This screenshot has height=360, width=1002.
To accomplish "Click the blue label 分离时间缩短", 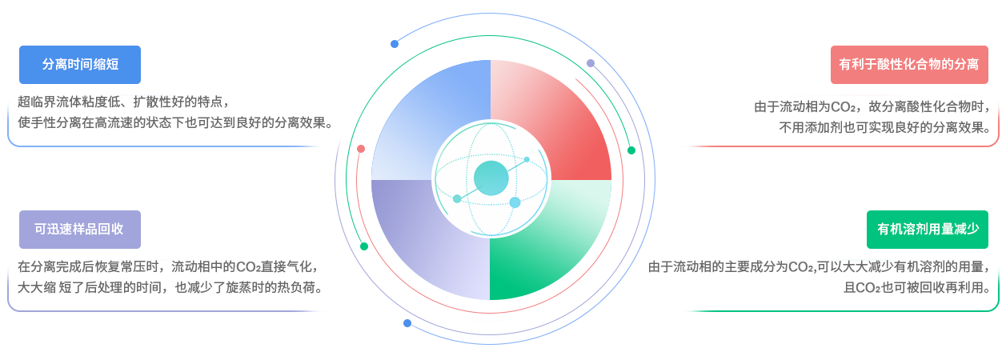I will pyautogui.click(x=80, y=65).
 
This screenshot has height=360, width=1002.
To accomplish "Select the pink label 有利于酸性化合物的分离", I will pyautogui.click(x=908, y=65).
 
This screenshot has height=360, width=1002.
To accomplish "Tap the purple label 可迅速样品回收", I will pyautogui.click(x=79, y=230).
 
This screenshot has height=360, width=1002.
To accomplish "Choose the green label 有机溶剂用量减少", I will pyautogui.click(x=928, y=230).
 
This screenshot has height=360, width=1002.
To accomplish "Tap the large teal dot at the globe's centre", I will pyautogui.click(x=491, y=178).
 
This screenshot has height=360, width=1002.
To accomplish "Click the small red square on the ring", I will pyautogui.click(x=361, y=149).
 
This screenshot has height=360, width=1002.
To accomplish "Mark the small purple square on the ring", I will pyautogui.click(x=591, y=64).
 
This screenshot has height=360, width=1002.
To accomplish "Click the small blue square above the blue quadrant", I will pyautogui.click(x=395, y=44).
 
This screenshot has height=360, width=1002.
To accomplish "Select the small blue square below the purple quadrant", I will pyautogui.click(x=407, y=324).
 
